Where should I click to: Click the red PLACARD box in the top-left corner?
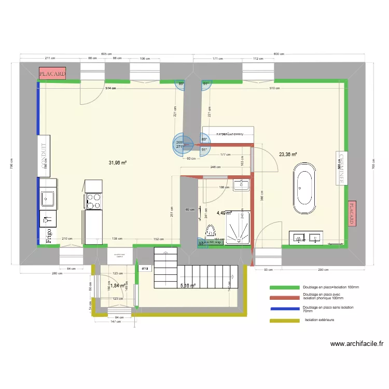coord(52,74)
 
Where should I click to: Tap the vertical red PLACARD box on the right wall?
coord(352,213)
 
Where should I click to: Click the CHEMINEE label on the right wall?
coord(342,168)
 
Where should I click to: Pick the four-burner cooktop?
coord(93,201)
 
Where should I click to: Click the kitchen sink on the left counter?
coord(48,198)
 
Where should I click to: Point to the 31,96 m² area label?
coord(118,163)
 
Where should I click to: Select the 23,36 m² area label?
coord(288,154)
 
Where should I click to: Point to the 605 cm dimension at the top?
coord(106,54)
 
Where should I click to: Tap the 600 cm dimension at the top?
coord(280,54)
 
